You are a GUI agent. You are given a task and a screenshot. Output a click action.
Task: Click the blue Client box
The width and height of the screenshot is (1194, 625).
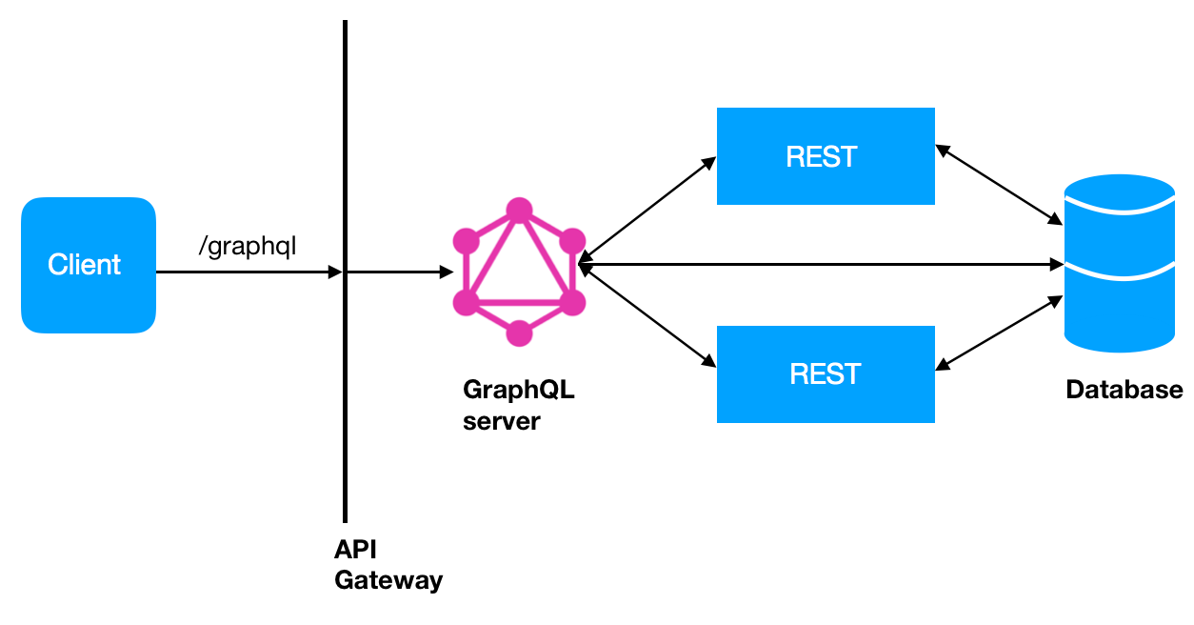(88, 265)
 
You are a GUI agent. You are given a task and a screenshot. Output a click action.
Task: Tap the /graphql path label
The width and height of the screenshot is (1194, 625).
(248, 246)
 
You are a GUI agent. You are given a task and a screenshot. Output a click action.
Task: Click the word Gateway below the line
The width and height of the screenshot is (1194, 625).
(388, 579)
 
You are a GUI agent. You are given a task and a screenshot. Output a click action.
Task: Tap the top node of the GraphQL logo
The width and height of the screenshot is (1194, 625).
(518, 211)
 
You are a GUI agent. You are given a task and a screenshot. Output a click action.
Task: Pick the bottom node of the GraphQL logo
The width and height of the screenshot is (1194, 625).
(518, 333)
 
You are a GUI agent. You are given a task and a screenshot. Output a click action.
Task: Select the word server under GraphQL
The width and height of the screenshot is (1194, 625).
(501, 420)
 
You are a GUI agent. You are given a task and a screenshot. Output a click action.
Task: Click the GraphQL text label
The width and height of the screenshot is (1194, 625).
(519, 390)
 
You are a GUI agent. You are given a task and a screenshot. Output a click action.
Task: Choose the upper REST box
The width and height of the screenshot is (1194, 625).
(825, 156)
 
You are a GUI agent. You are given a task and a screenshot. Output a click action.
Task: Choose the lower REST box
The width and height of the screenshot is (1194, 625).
(825, 374)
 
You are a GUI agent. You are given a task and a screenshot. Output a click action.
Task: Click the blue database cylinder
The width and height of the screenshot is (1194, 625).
(1120, 264)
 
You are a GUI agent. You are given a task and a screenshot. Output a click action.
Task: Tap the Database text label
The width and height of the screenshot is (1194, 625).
(1124, 390)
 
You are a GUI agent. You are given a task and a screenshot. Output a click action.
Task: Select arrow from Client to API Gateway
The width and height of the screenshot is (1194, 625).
(248, 272)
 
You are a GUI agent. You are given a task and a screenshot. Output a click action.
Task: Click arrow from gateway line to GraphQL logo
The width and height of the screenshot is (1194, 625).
(400, 272)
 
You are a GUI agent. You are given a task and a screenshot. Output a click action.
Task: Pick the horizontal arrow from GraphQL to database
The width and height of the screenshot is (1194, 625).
(819, 263)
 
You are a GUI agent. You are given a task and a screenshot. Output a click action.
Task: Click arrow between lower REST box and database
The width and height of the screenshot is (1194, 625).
(1000, 332)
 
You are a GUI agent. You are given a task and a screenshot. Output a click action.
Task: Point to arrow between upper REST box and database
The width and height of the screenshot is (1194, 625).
(1000, 185)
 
